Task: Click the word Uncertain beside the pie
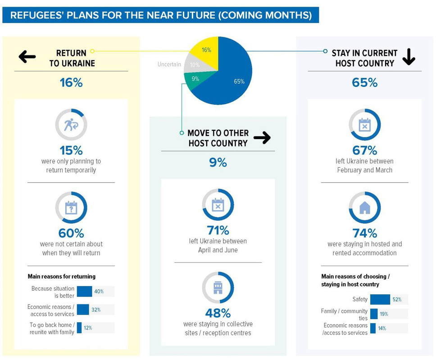click(169, 64)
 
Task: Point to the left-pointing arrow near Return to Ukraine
click(27, 57)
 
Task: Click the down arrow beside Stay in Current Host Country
click(409, 57)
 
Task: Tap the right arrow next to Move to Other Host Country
click(262, 137)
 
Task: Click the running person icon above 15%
click(71, 125)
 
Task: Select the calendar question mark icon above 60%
click(71, 208)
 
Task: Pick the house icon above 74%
click(364, 208)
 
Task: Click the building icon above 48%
click(218, 288)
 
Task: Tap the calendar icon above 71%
click(218, 204)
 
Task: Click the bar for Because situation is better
click(85, 291)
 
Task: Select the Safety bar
click(380, 299)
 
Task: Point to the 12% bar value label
click(88, 328)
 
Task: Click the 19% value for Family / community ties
click(384, 314)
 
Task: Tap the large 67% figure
click(364, 150)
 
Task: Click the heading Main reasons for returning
click(61, 276)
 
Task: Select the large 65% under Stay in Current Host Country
click(364, 82)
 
